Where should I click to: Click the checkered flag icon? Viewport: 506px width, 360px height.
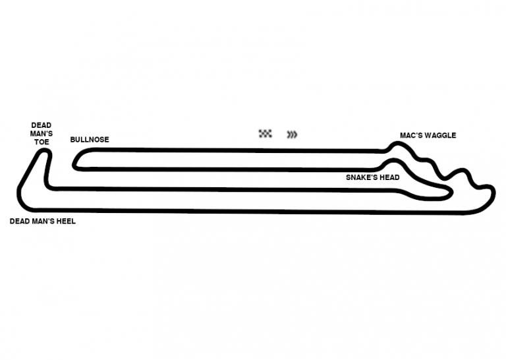coord(266,134)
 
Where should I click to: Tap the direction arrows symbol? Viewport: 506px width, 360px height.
coord(292,135)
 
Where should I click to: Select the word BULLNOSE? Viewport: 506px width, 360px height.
coord(90,140)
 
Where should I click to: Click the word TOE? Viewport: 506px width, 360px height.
coord(41,142)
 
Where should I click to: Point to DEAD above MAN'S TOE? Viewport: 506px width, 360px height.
coord(41,125)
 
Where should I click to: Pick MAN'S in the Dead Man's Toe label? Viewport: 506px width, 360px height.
coord(41,133)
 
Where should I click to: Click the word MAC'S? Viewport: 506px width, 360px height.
coord(412,136)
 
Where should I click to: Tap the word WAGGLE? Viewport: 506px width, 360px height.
coord(440,136)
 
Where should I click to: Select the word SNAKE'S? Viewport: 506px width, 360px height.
coord(362,177)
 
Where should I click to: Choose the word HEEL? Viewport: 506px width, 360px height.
coord(65,222)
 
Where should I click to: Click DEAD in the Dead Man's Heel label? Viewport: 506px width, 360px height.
coord(20,222)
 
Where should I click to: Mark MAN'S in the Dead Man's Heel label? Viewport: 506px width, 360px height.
coord(42,222)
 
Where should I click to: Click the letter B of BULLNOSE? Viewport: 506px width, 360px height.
coord(72,140)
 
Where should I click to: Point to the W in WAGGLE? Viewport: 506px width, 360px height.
coord(428,136)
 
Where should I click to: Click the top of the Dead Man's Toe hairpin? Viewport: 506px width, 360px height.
coord(44,152)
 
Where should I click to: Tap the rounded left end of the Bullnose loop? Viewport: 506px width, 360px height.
coord(75,160)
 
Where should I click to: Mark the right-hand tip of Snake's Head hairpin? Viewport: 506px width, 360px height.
coord(450,191)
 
